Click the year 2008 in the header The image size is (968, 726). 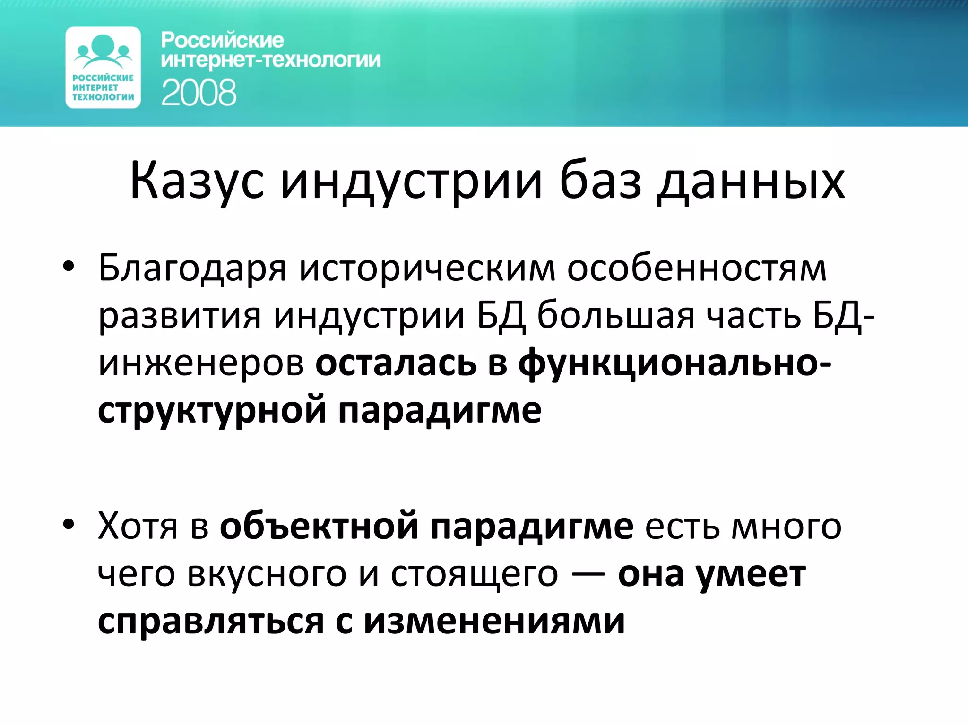199,93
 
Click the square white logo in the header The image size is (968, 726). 103,68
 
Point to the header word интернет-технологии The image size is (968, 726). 270,60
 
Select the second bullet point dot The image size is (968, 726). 69,525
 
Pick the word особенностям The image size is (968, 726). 697,268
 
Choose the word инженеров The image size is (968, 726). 201,363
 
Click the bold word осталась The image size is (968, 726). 396,363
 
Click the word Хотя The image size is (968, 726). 138,526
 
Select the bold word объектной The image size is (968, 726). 319,526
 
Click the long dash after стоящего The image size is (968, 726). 588,575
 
